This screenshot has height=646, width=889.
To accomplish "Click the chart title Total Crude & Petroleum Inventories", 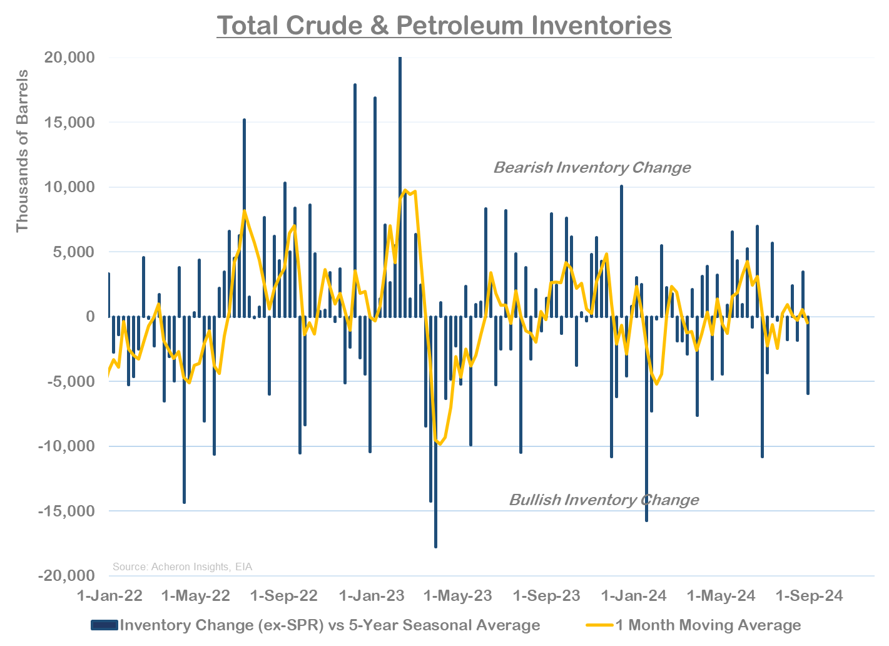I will [x=444, y=26].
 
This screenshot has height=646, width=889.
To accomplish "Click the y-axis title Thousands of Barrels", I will [x=23, y=151].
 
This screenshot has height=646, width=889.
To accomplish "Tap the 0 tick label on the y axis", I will [x=90, y=317].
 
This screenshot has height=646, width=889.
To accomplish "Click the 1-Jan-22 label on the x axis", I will [x=109, y=595].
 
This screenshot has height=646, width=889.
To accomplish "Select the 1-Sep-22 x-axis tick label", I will [x=284, y=595].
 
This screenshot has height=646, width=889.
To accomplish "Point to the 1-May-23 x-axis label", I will [x=458, y=595].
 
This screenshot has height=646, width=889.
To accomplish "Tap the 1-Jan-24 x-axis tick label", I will [x=634, y=595].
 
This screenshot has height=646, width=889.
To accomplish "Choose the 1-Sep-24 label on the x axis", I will [x=809, y=595].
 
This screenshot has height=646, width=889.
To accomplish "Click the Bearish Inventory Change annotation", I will [x=592, y=168].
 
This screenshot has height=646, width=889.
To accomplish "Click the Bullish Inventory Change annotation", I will [x=604, y=500].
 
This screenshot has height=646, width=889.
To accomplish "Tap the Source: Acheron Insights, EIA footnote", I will [x=182, y=567].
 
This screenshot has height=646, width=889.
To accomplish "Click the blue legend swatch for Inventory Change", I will [x=104, y=625].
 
